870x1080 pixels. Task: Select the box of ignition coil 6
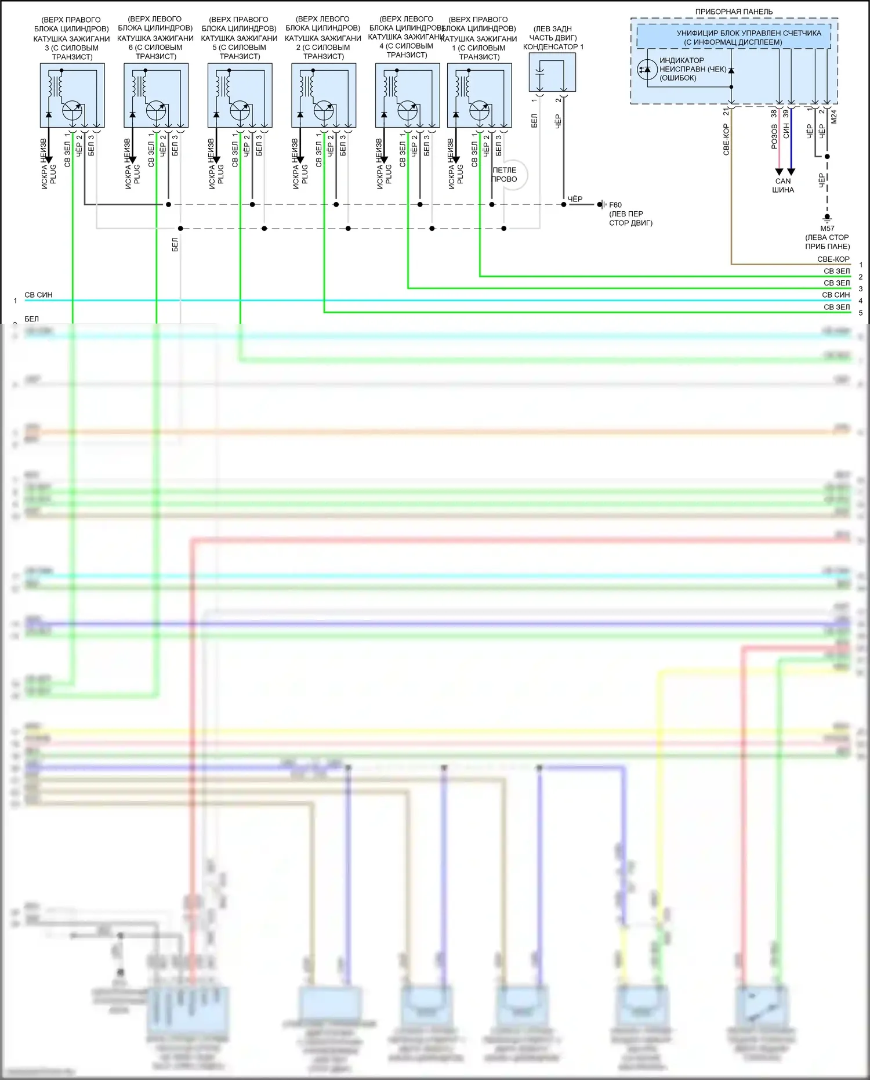point(156,95)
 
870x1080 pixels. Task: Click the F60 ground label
point(615,205)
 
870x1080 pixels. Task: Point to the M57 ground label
point(827,229)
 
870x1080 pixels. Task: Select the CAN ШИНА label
point(783,186)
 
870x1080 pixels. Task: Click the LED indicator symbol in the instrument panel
point(647,70)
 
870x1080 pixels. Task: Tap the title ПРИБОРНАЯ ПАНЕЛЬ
point(734,12)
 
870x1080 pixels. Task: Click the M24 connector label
point(834,117)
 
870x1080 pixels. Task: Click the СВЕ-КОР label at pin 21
point(726,139)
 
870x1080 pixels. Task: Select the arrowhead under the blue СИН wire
point(791,172)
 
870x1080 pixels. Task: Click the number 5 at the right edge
point(861,313)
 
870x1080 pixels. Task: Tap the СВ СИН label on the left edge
point(38,295)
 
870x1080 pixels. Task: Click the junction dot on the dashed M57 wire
point(827,157)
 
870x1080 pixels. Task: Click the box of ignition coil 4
point(408,95)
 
